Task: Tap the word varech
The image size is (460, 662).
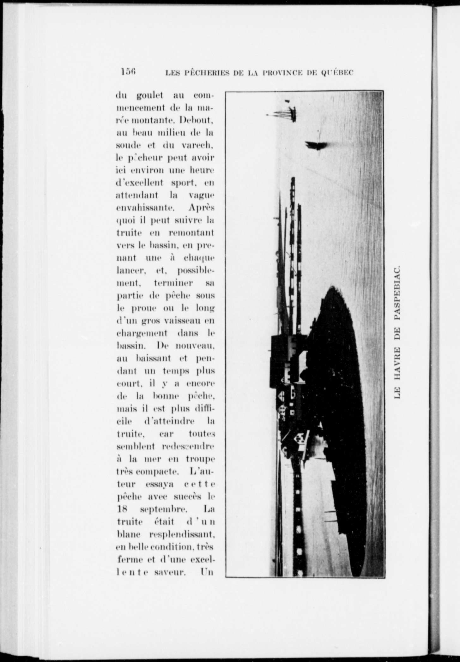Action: tap(201, 145)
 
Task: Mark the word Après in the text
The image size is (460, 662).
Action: tap(201, 208)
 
